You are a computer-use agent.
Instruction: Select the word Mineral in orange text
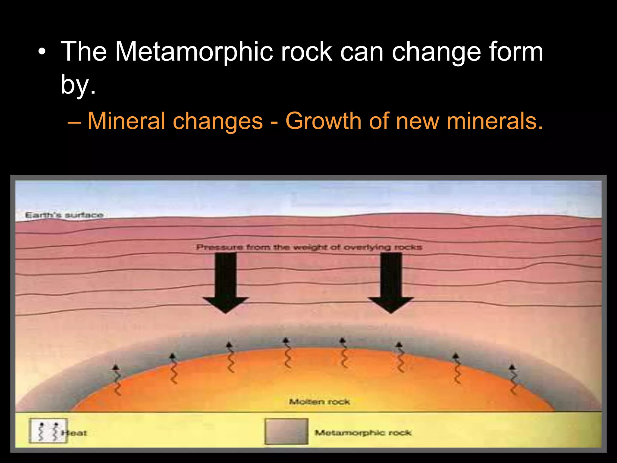tap(126, 121)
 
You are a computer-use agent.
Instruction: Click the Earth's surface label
tap(64, 215)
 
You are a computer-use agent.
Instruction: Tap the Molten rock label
tap(319, 402)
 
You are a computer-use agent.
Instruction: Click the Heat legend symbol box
tap(48, 431)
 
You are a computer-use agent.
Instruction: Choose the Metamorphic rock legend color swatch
tap(287, 431)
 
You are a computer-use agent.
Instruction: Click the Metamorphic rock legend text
tap(363, 433)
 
